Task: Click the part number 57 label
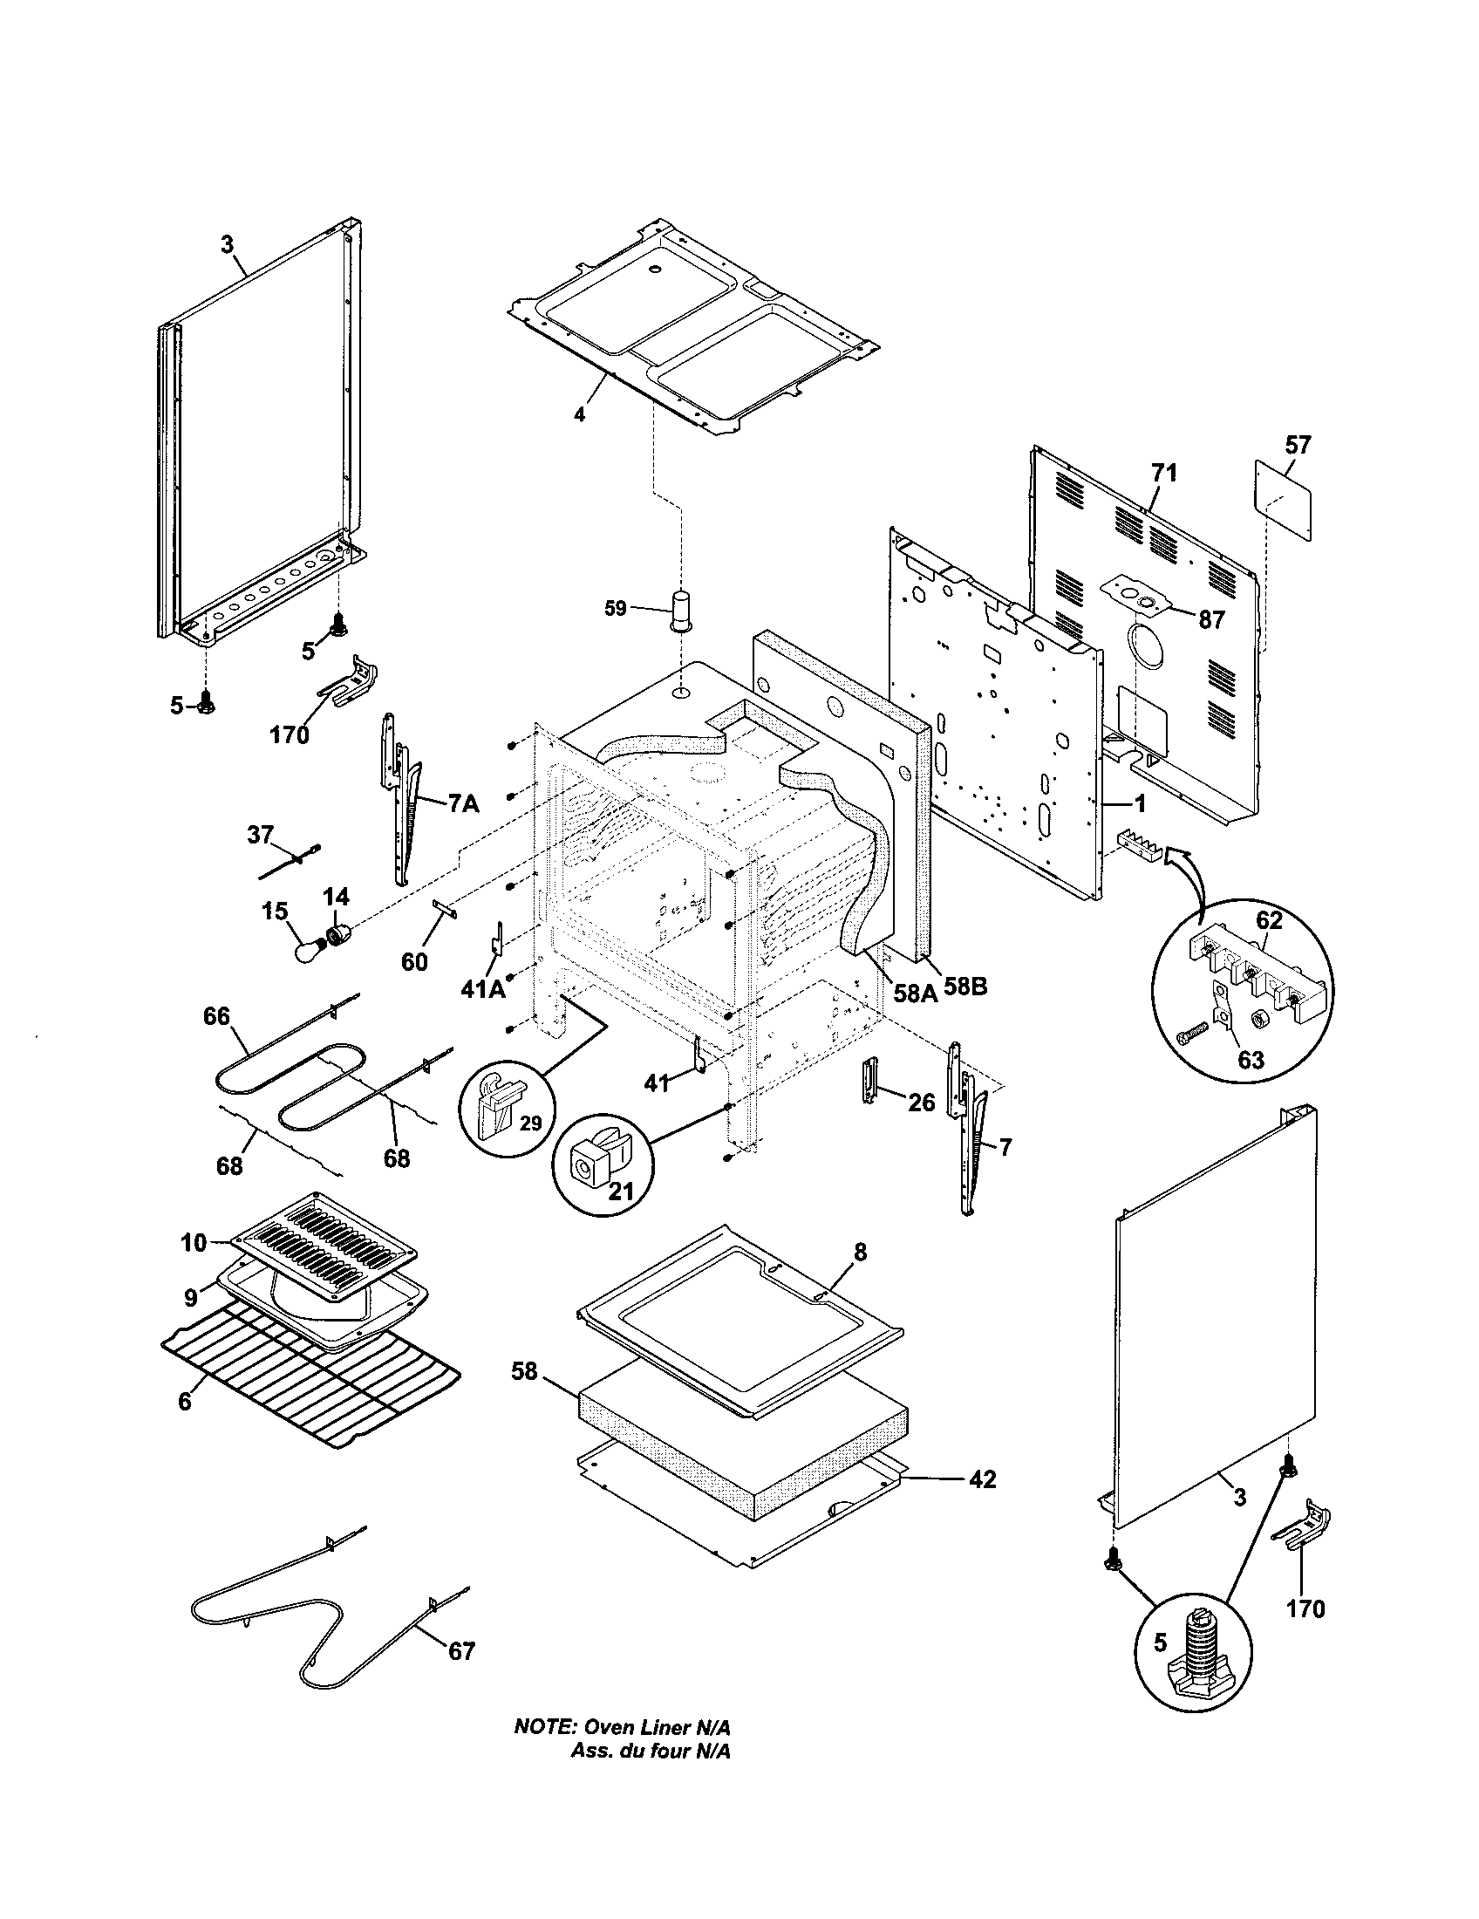tap(1298, 446)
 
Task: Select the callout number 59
tap(616, 608)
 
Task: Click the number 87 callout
tap(1211, 619)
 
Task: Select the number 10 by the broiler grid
tap(194, 1242)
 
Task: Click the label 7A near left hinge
tap(463, 803)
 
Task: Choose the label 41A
tap(483, 989)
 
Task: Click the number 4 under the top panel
tap(579, 413)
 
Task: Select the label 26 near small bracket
tap(920, 1102)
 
